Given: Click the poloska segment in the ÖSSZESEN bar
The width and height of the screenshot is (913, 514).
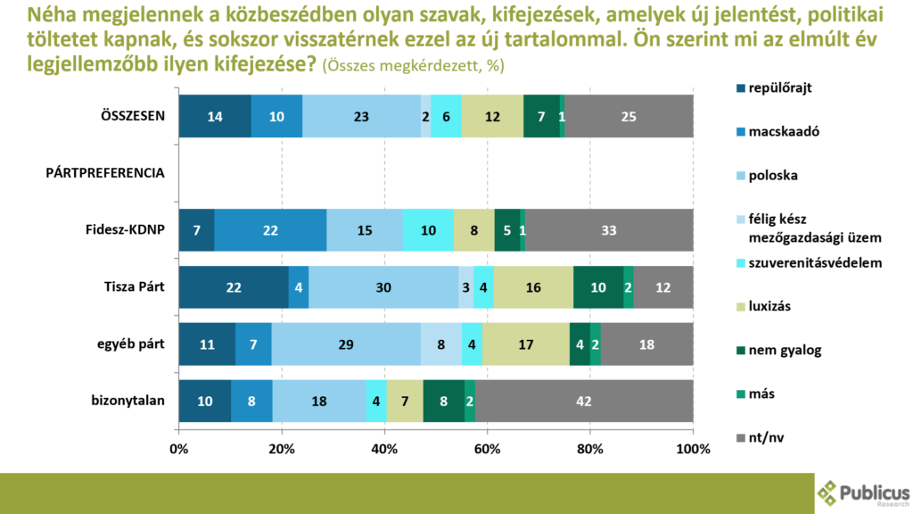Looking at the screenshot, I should tap(361, 116).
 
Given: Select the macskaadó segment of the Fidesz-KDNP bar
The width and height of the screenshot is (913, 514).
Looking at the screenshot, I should tap(270, 230).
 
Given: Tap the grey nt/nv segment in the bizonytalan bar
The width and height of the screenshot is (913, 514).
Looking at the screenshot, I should tap(584, 401).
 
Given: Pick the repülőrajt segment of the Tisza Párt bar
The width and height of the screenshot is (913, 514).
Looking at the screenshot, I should tap(234, 287).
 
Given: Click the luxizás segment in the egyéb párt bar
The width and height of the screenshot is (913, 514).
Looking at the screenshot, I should tap(526, 344).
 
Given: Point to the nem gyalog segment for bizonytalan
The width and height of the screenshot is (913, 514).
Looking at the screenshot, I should tap(444, 401).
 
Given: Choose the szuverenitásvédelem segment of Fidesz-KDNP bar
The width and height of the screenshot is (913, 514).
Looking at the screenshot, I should tap(428, 230).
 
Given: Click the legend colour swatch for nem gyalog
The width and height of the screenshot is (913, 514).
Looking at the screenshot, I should tap(739, 350).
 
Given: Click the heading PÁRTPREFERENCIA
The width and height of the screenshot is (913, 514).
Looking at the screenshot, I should tap(105, 173).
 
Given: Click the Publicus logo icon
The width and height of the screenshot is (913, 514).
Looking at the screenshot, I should tap(827, 493).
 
